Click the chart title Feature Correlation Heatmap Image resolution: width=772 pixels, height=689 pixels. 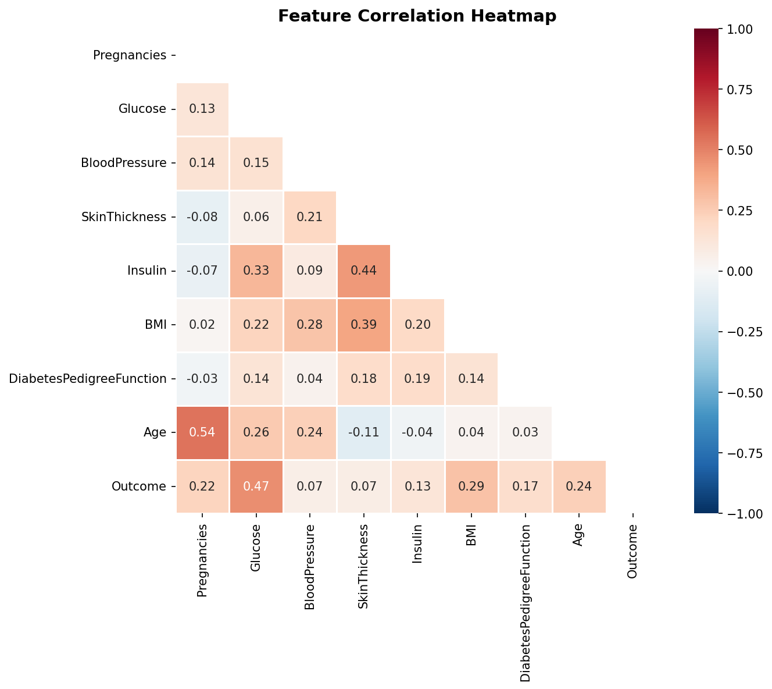pos(417,16)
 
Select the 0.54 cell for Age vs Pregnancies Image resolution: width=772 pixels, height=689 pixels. pos(202,432)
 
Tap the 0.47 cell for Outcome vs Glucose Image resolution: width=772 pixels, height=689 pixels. pos(256,486)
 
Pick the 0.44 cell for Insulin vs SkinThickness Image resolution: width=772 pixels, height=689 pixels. pos(363,271)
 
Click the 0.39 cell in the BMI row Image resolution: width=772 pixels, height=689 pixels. pos(363,325)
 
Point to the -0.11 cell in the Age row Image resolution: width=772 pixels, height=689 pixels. pos(363,432)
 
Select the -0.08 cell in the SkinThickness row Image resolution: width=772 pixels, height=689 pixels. pos(202,216)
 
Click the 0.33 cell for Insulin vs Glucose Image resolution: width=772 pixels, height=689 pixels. pos(256,271)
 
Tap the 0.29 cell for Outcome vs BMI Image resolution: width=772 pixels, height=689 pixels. pos(471,486)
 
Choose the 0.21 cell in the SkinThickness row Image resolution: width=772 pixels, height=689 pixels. pos(310,216)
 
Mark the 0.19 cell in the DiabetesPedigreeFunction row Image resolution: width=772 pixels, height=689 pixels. pos(417,379)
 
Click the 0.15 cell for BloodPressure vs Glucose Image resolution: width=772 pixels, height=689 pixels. pos(256,163)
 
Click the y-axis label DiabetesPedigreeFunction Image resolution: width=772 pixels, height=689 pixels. pos(88,379)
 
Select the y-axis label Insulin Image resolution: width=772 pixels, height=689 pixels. pos(146,271)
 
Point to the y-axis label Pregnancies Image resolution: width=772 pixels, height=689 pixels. pos(130,55)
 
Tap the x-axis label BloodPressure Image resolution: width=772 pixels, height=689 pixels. pos(310,567)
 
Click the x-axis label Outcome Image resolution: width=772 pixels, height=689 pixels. pos(633,551)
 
